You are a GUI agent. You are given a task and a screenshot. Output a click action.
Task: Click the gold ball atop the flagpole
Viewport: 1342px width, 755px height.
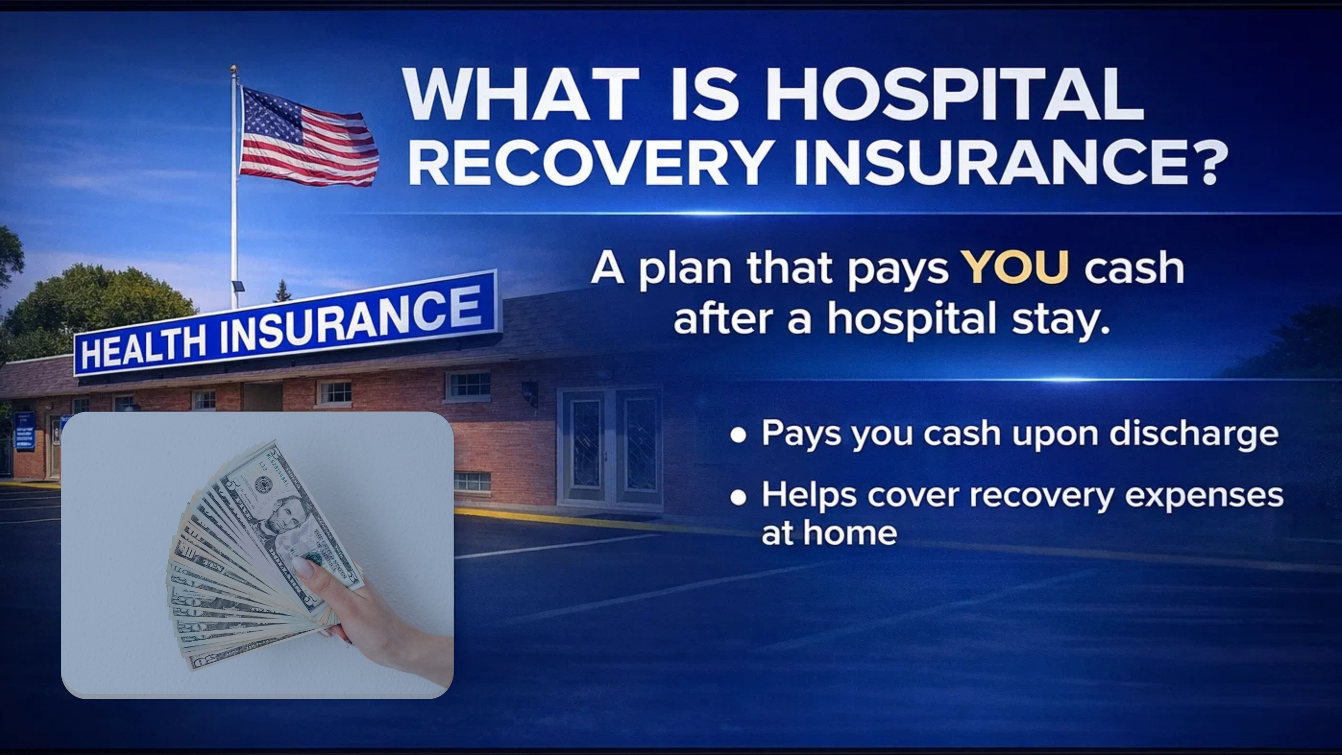pos(234,69)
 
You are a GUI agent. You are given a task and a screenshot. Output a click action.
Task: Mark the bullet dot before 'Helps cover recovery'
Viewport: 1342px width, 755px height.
pos(738,497)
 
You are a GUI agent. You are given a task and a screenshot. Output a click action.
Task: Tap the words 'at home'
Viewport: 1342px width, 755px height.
pos(829,533)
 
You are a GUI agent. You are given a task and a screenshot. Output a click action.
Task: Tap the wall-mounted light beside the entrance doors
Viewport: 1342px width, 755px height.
pos(530,393)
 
